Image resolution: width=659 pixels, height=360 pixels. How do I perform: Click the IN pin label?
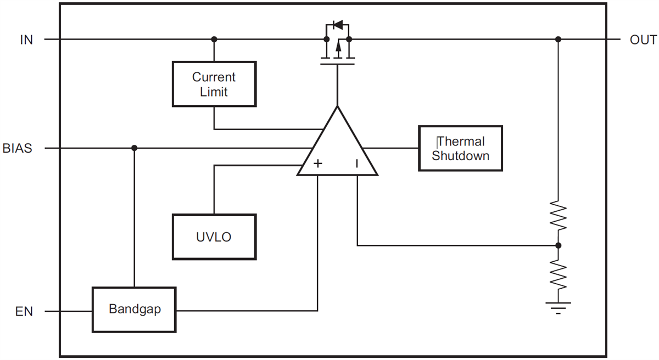click(x=26, y=40)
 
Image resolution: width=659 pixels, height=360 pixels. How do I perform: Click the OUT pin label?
click(x=643, y=40)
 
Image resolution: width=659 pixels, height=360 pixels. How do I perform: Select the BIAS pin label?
click(x=17, y=148)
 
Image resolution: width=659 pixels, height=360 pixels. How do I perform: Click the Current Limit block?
click(x=214, y=84)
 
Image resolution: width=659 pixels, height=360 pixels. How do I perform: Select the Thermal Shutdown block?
click(x=460, y=149)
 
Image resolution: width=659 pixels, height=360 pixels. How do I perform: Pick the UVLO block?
click(x=214, y=237)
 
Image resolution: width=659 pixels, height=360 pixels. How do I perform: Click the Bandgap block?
click(x=134, y=310)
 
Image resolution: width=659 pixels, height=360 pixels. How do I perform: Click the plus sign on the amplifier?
click(x=317, y=164)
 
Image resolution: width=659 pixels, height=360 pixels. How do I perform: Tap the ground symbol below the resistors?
click(x=558, y=307)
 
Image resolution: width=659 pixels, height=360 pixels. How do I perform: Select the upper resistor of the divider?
click(x=558, y=216)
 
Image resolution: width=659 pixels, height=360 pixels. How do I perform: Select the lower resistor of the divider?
click(x=558, y=274)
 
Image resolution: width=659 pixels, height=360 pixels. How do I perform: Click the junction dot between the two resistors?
click(x=558, y=245)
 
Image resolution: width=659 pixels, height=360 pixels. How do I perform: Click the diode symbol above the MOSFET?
click(x=338, y=25)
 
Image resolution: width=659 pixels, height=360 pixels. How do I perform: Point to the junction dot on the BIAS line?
click(x=134, y=148)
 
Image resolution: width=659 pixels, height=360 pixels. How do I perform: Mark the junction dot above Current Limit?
click(x=214, y=40)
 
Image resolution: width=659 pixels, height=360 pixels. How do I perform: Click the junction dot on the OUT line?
click(x=558, y=40)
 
